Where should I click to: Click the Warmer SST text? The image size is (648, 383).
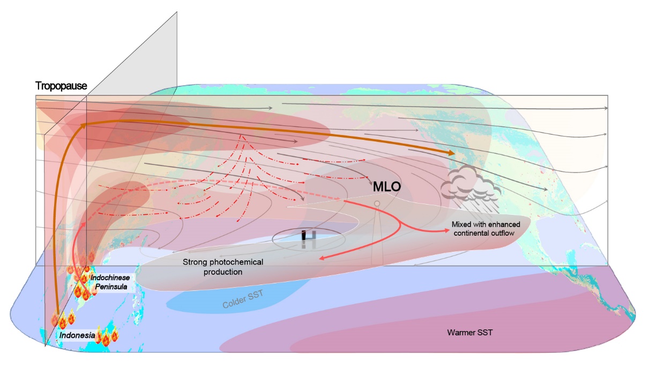tap(470, 333)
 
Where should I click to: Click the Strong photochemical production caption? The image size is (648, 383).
tap(224, 267)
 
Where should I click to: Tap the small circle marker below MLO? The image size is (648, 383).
tap(377, 204)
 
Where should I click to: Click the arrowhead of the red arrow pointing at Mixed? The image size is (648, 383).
tap(446, 231)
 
